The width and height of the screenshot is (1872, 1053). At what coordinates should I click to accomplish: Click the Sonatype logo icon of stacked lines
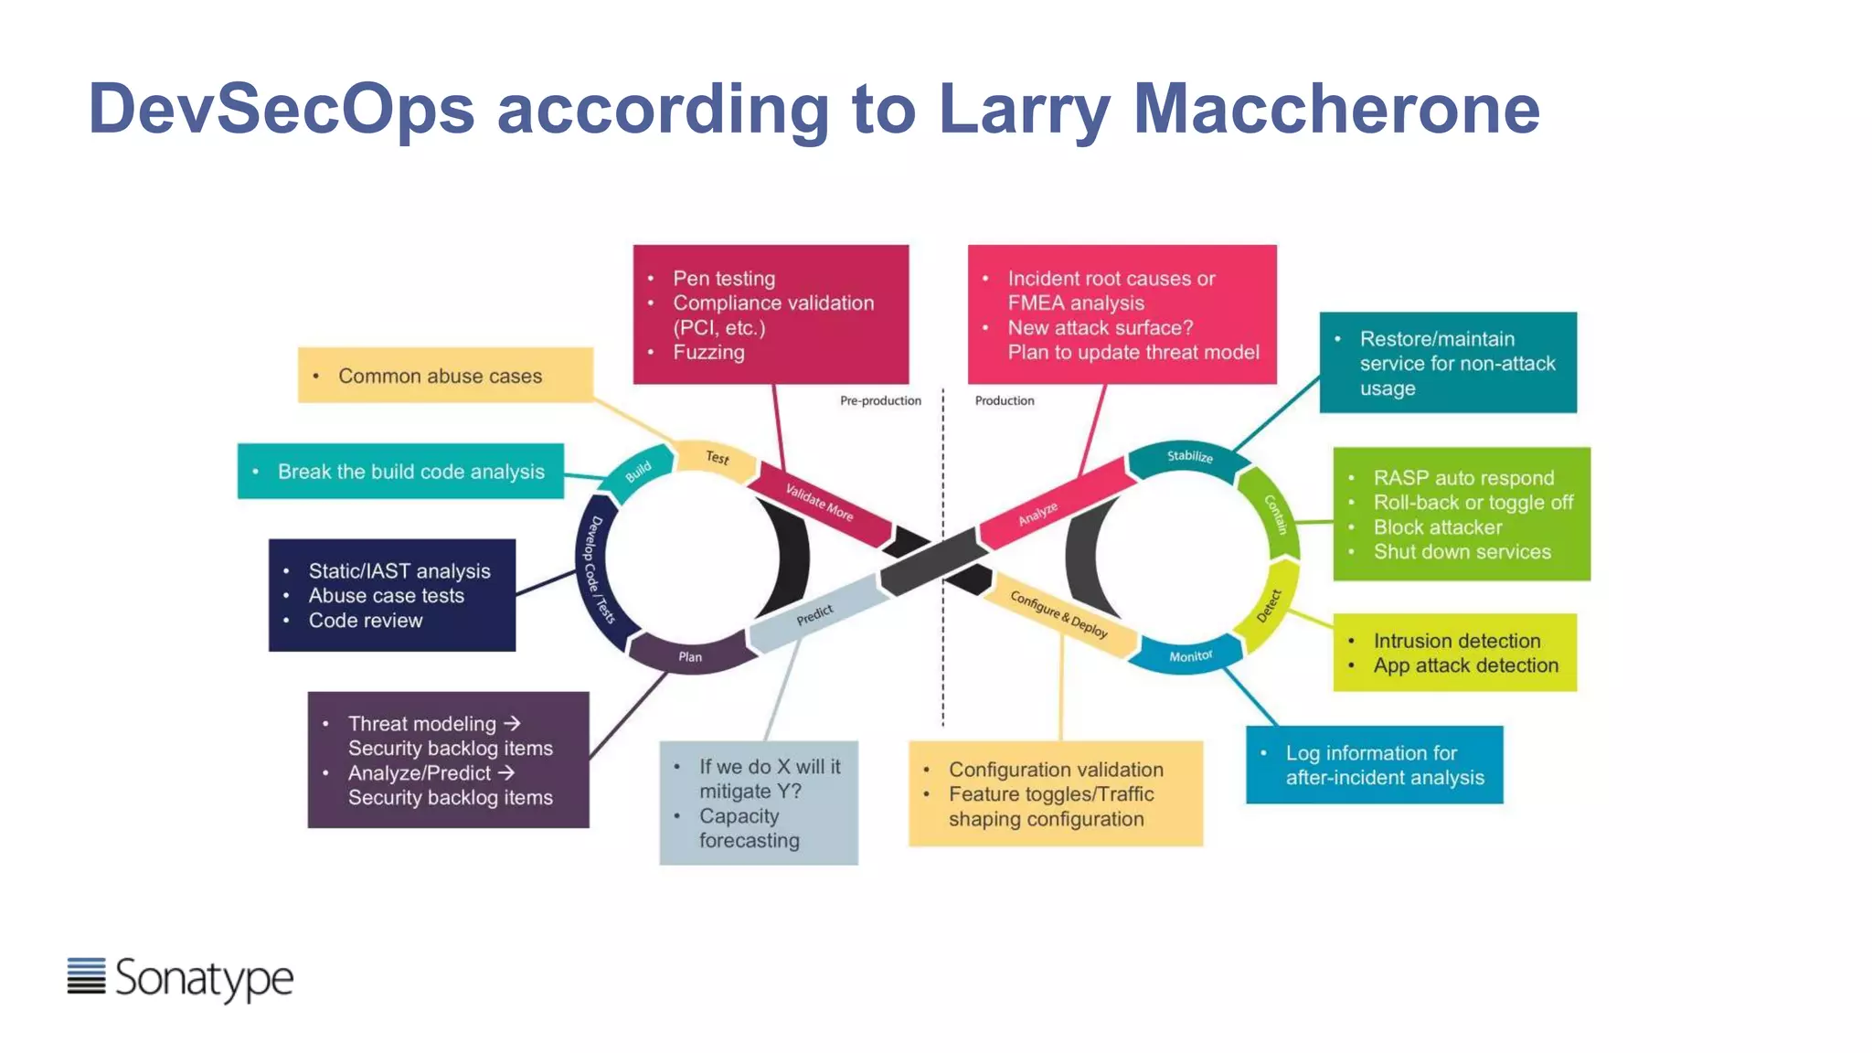point(86,975)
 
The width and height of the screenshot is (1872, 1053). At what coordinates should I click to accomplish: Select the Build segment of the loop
point(638,472)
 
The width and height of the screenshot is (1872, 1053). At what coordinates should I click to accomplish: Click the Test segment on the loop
point(718,457)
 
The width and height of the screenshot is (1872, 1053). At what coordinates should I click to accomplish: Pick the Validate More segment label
point(820,503)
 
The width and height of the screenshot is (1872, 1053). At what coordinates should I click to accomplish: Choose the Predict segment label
point(814,614)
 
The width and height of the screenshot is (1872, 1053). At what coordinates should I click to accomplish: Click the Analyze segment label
point(1038,513)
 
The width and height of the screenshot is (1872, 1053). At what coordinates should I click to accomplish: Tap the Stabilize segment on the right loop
point(1189,456)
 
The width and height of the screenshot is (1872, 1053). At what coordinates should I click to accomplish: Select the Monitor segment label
point(1190,656)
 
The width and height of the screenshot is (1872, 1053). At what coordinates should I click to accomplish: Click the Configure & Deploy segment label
point(1058,614)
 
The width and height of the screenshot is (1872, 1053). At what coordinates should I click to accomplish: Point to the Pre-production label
point(880,400)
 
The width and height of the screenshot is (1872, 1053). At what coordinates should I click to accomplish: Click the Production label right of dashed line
point(1005,400)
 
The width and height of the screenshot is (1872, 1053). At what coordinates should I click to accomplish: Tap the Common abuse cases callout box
point(445,376)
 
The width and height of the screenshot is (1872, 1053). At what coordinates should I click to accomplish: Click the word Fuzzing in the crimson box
point(708,353)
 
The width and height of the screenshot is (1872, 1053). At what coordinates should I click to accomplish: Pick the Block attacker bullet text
point(1437,527)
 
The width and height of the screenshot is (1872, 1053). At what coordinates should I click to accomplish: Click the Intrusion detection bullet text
point(1456,641)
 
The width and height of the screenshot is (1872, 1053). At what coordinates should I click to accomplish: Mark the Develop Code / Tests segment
point(598,569)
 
